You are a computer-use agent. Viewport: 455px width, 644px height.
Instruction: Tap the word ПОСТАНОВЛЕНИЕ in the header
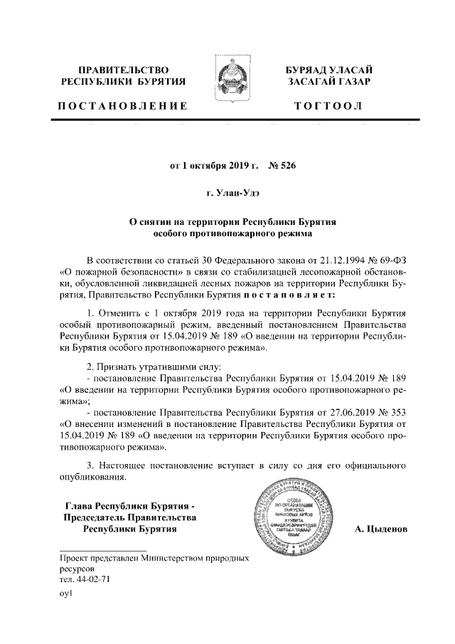click(x=122, y=106)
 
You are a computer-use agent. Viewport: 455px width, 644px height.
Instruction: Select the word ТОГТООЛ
click(x=328, y=106)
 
